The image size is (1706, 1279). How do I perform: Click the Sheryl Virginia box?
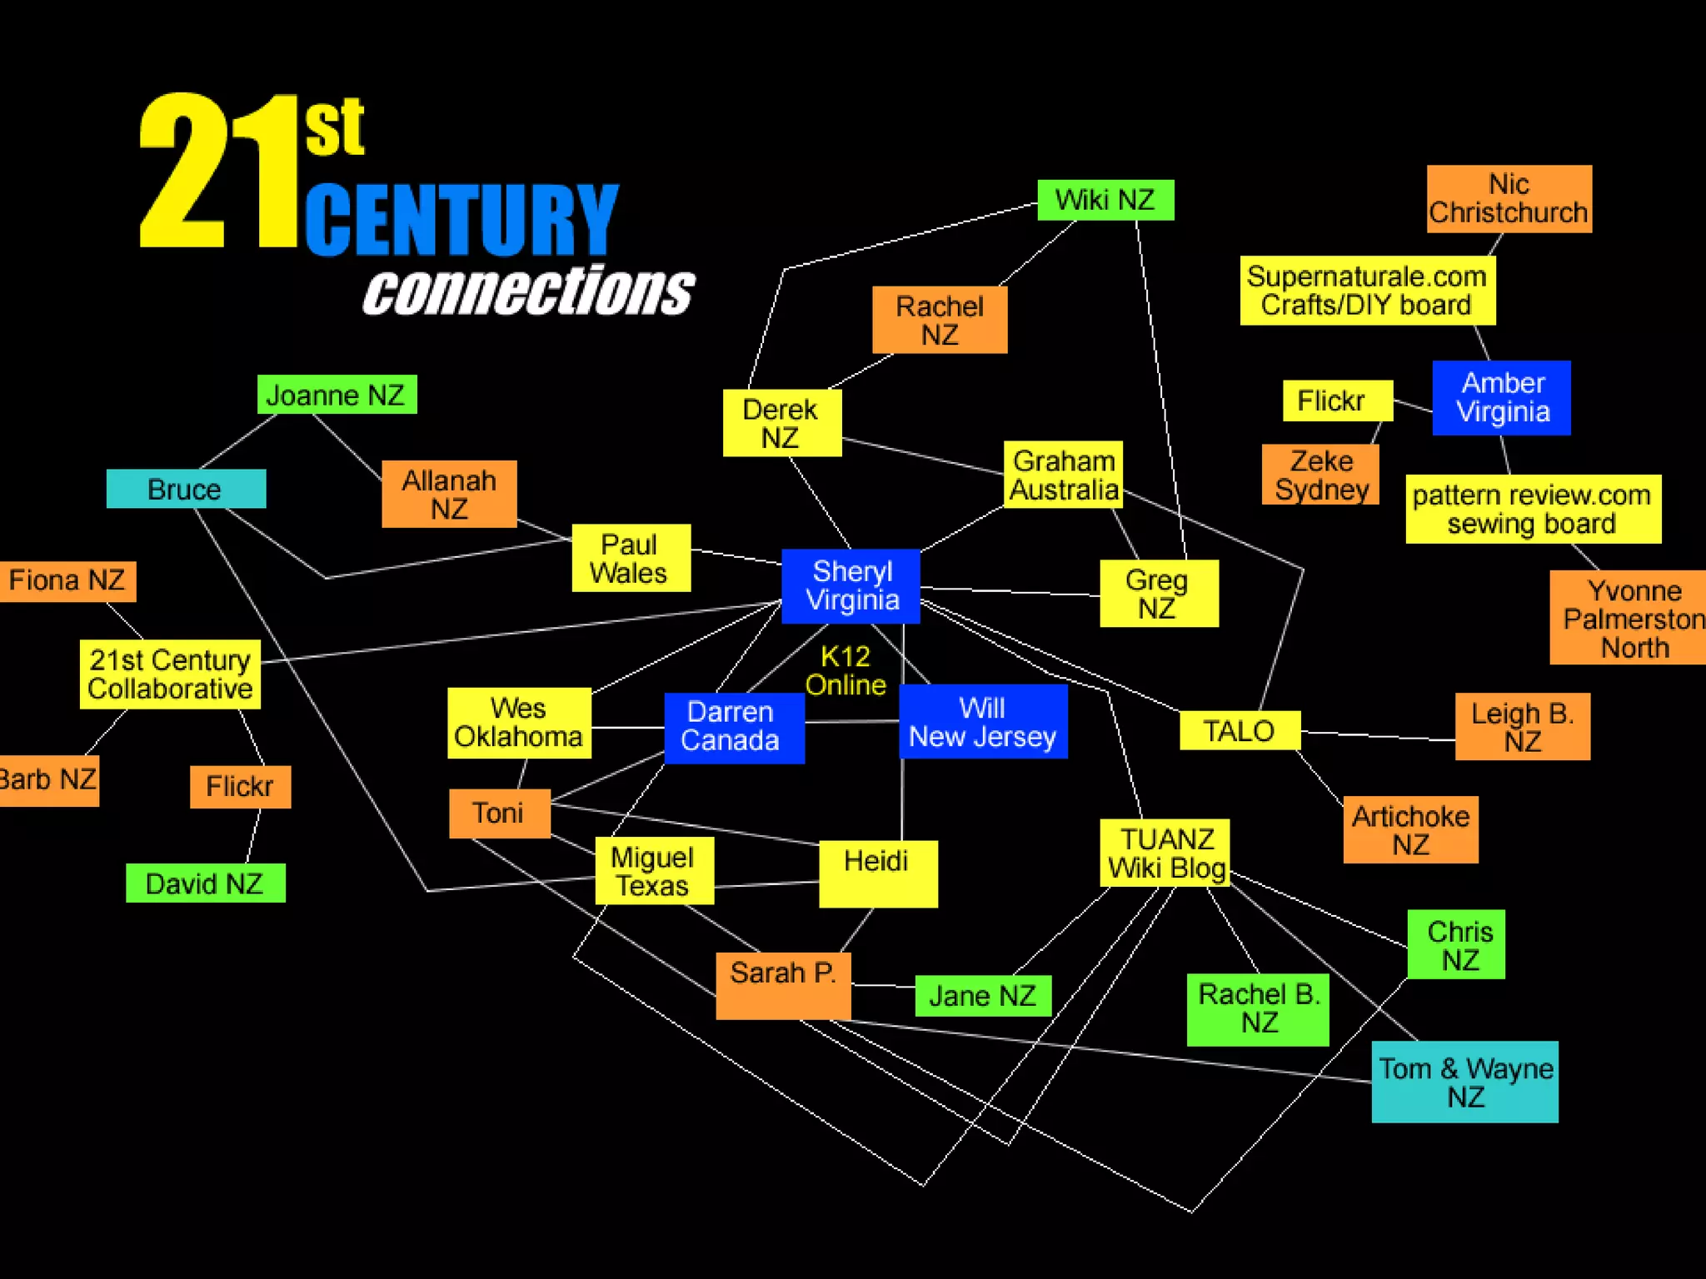851,586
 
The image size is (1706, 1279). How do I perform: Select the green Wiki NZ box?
1105,200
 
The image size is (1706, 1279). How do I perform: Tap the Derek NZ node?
781,423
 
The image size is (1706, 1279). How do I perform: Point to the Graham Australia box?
1063,475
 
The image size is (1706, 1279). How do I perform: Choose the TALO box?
1240,731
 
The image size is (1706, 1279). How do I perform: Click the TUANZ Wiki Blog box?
1165,853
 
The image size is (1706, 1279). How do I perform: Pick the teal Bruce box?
186,489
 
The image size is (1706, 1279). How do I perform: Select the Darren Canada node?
734,727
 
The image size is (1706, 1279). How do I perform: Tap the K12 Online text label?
845,670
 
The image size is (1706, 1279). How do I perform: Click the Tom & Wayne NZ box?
1464,1082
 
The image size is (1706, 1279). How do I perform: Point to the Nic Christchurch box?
1509,199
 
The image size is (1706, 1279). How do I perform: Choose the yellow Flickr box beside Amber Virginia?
1337,401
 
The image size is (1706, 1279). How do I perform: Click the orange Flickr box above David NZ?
240,786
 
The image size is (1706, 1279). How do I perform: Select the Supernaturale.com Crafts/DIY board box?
1367,291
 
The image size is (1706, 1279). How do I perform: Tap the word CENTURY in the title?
461,219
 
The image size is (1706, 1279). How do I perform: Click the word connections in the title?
528,291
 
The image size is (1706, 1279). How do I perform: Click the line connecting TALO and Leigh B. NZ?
1378,735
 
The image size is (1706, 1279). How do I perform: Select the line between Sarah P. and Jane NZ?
883,986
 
